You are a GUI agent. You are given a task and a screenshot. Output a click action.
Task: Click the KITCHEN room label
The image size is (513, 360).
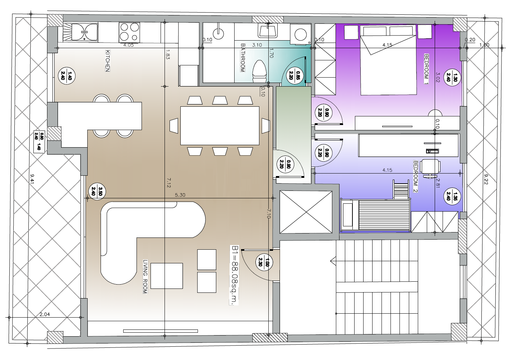(108, 60)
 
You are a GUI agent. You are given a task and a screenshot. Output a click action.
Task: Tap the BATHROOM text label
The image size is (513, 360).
(243, 58)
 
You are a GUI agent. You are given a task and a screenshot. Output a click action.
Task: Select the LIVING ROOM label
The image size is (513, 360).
(145, 276)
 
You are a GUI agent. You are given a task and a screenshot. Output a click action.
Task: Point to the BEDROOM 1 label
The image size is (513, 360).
(426, 69)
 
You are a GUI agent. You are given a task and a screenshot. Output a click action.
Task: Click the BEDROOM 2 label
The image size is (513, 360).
(415, 176)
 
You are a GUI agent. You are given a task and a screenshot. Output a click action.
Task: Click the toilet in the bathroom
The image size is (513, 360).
(259, 71)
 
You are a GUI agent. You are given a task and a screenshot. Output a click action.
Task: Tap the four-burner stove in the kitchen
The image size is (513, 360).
(129, 32)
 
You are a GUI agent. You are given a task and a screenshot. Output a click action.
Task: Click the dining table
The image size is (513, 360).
(220, 126)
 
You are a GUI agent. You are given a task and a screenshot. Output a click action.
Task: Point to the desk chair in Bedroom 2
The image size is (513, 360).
(430, 168)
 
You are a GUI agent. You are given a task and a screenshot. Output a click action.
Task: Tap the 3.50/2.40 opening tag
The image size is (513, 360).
(97, 192)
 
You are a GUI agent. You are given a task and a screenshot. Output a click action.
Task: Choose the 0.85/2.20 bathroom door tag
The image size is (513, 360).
(295, 75)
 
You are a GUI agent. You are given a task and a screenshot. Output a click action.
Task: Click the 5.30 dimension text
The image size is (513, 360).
(180, 195)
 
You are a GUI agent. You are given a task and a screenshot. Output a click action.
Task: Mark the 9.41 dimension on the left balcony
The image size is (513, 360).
(32, 179)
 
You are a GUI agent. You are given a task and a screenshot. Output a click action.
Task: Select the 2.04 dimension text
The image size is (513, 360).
(45, 314)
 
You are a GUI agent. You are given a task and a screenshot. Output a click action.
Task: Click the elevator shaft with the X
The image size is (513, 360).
(306, 212)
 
